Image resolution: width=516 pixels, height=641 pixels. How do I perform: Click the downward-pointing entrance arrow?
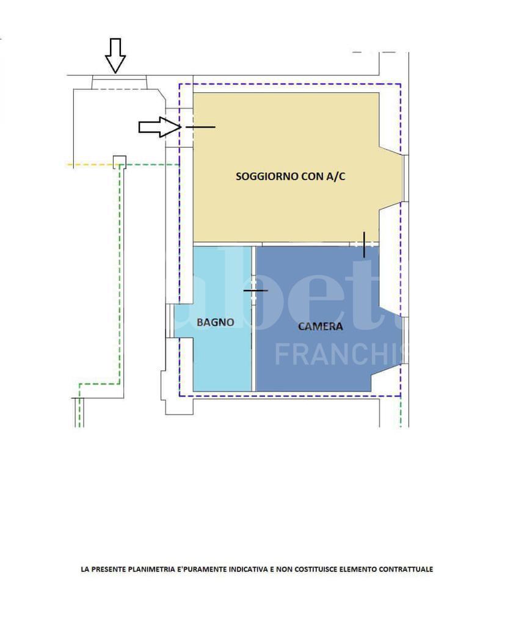[x=115, y=56]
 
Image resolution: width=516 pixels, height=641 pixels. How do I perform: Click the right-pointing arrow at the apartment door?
[x=160, y=127]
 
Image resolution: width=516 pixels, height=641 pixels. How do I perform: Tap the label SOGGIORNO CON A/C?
[x=290, y=176]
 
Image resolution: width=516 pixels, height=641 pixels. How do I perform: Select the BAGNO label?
[x=216, y=322]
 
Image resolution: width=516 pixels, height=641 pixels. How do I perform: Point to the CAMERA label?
[x=320, y=326]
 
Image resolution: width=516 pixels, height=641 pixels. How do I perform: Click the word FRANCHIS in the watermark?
[x=341, y=355]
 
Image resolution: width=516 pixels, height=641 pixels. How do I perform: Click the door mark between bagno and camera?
[x=255, y=290]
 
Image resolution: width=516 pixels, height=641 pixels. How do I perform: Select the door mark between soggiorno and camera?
[x=364, y=244]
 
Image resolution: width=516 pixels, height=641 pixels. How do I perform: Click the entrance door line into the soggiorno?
[x=200, y=127]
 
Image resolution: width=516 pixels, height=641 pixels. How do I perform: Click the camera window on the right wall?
[x=405, y=340]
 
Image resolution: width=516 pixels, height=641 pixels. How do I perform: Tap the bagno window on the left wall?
[x=168, y=320]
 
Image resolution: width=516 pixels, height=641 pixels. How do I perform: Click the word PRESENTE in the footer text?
[x=109, y=569]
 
